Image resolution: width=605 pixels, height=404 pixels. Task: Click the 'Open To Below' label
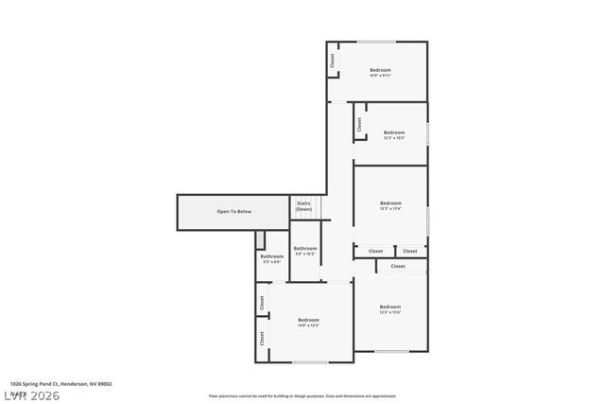pos(233,211)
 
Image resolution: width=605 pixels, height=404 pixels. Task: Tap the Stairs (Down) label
pos(303,205)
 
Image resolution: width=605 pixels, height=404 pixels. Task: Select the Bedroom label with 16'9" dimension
pos(380,72)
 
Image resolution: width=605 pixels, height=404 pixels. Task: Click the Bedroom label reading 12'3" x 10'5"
pos(394,134)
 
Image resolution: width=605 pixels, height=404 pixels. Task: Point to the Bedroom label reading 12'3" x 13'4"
pos(390,205)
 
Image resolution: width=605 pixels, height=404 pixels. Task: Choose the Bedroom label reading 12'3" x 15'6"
pos(390,308)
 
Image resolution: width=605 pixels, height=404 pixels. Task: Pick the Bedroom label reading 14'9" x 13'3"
pos(308,322)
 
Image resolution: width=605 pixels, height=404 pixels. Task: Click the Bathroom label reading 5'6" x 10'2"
pos(304,251)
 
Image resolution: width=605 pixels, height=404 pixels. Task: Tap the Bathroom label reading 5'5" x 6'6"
pos(271,258)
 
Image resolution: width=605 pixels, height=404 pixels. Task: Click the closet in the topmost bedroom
pos(333,60)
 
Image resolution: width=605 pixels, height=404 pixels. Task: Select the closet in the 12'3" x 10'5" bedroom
pos(359,124)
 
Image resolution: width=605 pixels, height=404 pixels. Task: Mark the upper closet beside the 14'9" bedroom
pos(261,303)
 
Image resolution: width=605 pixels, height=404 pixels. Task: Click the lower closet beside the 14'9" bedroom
pos(261,338)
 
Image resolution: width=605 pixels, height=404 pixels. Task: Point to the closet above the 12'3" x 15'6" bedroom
pos(398,266)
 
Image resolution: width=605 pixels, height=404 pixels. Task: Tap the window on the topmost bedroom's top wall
pos(376,41)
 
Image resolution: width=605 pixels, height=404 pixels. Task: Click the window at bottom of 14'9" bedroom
pos(309,361)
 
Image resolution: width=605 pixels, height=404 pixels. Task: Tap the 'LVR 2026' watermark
pos(31,395)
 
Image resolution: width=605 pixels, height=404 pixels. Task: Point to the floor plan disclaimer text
pos(302,395)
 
